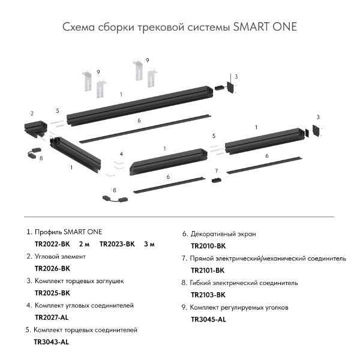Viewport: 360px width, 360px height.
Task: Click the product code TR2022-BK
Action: [53, 244]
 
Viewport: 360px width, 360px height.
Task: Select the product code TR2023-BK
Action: [118, 244]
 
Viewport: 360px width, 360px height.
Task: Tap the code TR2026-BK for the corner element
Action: [53, 269]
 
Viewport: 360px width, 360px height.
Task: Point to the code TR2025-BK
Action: [53, 293]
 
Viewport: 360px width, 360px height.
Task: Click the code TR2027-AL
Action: [53, 318]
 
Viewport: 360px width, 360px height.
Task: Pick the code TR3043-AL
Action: [52, 342]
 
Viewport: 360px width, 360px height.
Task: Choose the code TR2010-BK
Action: [208, 246]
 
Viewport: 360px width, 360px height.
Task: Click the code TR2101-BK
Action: [208, 271]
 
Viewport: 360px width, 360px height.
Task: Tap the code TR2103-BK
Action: [208, 295]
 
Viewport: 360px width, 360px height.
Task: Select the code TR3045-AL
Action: [208, 320]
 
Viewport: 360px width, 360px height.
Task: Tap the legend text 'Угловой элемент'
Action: [68, 256]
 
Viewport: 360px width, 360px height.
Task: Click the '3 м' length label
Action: [149, 244]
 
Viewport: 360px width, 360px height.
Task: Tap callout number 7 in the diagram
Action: [216, 172]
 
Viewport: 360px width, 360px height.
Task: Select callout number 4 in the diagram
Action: [121, 154]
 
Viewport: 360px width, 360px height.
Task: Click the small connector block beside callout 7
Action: [217, 181]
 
